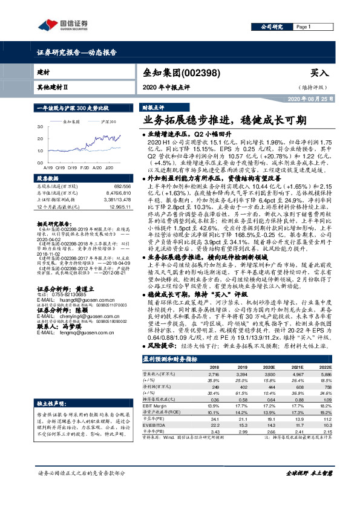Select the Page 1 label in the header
pos(303,27)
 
